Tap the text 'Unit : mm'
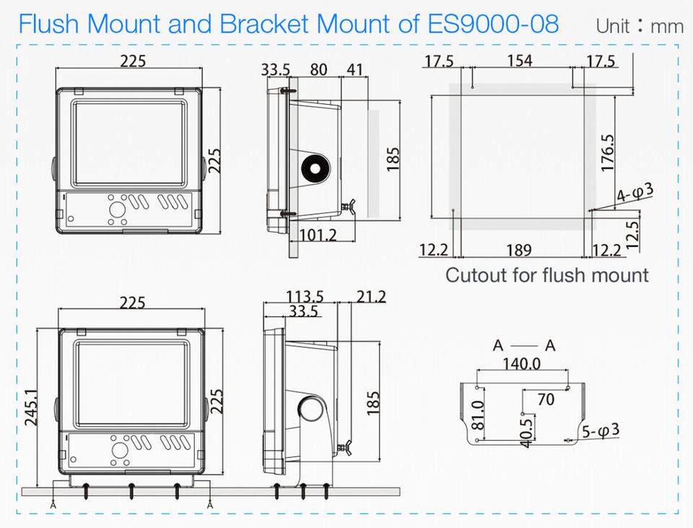[x=640, y=26]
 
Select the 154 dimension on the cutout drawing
[x=520, y=61]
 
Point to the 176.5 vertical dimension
[x=608, y=152]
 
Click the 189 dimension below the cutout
[x=519, y=250]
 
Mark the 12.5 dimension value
[x=633, y=233]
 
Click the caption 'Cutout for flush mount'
[x=547, y=275]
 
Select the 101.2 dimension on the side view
[x=318, y=235]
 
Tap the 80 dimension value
[x=318, y=70]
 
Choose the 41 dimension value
[x=354, y=70]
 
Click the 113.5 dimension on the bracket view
[x=305, y=297]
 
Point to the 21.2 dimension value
[x=371, y=297]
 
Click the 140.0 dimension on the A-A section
[x=521, y=364]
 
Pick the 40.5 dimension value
[x=527, y=430]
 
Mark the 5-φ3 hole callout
[x=601, y=431]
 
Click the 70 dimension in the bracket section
[x=546, y=398]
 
